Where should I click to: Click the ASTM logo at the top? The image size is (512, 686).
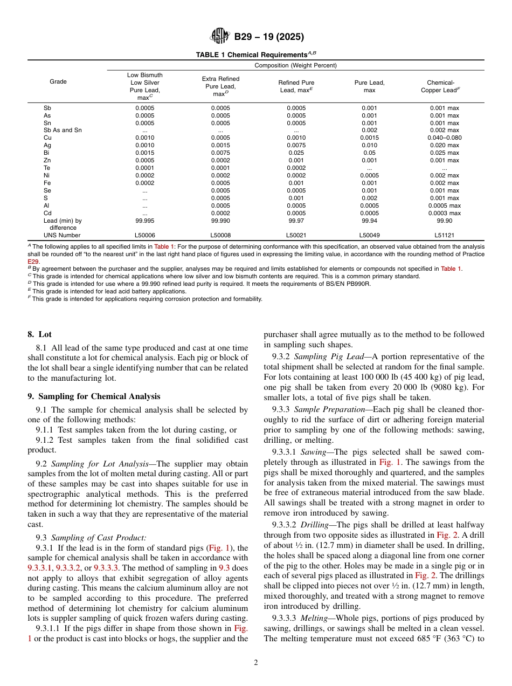[219, 37]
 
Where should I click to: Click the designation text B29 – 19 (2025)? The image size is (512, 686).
[268, 37]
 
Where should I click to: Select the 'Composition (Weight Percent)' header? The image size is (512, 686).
[295, 65]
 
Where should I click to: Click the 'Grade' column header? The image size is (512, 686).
[58, 81]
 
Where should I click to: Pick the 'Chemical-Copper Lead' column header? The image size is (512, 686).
[444, 86]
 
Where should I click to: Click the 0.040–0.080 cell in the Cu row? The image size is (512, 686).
[444, 138]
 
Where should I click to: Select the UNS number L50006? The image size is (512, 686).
[144, 235]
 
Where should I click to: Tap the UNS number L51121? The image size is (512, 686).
[444, 235]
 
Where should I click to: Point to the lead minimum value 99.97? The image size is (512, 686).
[296, 221]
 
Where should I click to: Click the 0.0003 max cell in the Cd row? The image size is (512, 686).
[444, 213]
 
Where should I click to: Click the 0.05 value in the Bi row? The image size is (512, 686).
[369, 153]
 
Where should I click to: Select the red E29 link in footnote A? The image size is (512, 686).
[33, 261]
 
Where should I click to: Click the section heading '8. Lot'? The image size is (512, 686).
[39, 334]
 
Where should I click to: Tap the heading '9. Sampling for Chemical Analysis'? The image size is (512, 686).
[94, 396]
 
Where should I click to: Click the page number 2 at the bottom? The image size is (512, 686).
[256, 663]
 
